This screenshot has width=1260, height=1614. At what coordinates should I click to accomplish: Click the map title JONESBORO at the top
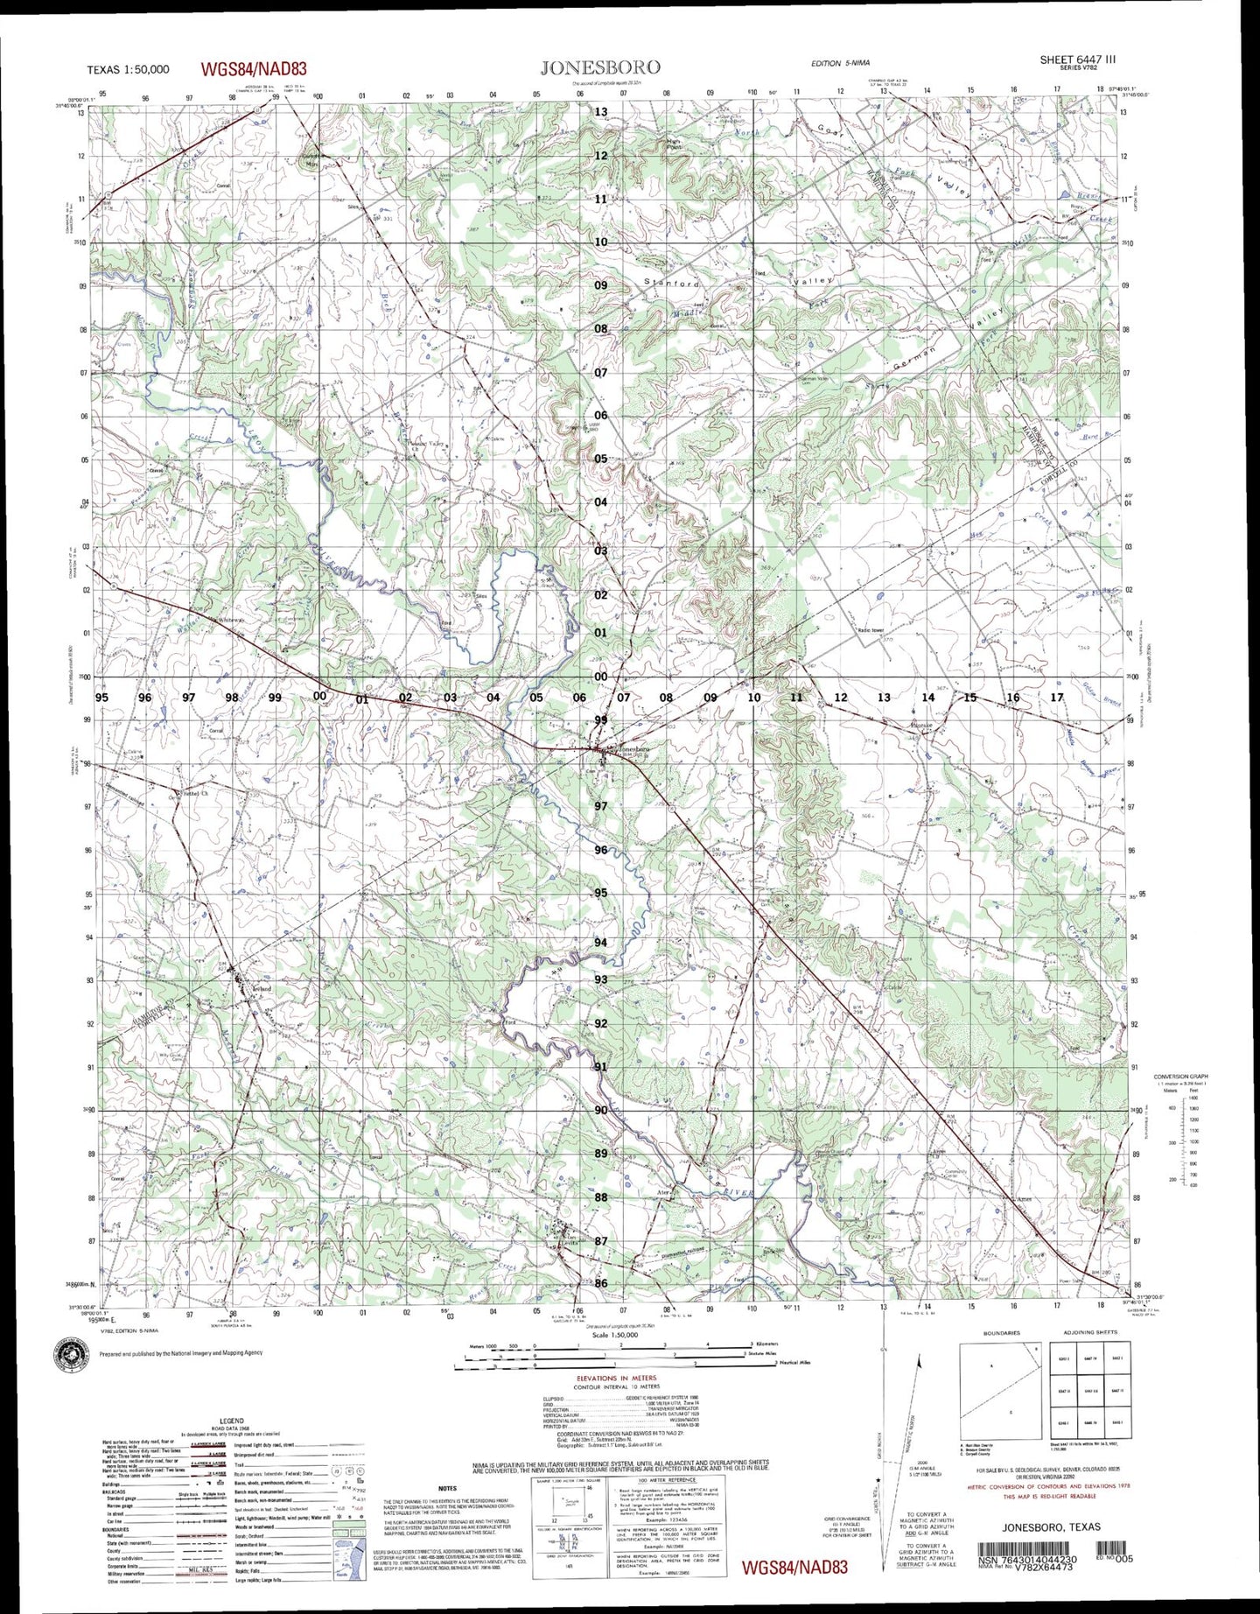coord(599,67)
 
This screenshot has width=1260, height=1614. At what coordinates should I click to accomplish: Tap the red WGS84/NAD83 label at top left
coord(254,69)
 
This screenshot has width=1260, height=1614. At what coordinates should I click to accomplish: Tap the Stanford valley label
coord(671,283)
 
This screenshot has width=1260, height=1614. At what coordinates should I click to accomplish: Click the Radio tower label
coord(872,629)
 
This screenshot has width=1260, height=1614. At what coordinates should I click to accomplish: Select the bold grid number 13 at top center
coord(601,112)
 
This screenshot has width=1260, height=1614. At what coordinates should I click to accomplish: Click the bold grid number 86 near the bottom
coord(601,1283)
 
